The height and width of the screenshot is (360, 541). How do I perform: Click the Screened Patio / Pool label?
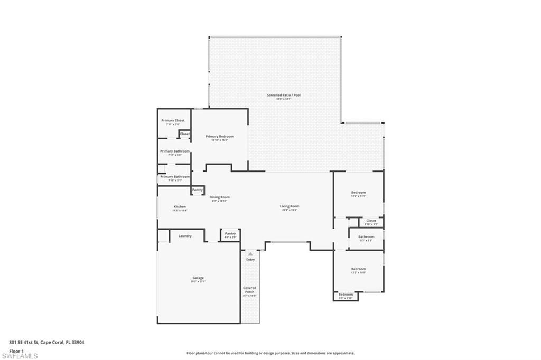tap(283, 95)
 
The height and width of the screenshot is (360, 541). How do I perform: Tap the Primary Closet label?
tap(173, 120)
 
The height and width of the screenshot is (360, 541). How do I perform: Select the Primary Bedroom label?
tap(219, 136)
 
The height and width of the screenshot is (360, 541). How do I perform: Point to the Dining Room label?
tap(219, 197)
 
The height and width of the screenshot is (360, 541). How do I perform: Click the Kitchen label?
tap(180, 206)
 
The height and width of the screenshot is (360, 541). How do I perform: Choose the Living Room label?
tap(290, 206)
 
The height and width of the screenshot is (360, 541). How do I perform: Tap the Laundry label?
tap(185, 236)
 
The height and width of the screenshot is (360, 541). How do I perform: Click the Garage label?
tap(198, 278)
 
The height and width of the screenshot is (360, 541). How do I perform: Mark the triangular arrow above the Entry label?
tap(250, 254)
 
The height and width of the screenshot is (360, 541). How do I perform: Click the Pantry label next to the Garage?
tap(230, 233)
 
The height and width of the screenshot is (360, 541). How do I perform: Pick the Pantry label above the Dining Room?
tap(198, 190)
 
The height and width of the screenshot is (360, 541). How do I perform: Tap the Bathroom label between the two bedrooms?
tap(366, 237)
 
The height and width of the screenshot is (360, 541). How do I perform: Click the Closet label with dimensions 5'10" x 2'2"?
tap(371, 221)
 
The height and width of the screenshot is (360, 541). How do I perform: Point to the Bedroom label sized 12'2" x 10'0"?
tap(359, 269)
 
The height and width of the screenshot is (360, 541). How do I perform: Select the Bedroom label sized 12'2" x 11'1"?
tap(359, 193)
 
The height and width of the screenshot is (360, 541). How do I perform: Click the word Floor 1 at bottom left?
tap(16, 350)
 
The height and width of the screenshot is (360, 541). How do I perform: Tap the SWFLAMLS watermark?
tap(20, 356)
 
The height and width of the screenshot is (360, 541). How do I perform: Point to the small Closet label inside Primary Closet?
tap(184, 134)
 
